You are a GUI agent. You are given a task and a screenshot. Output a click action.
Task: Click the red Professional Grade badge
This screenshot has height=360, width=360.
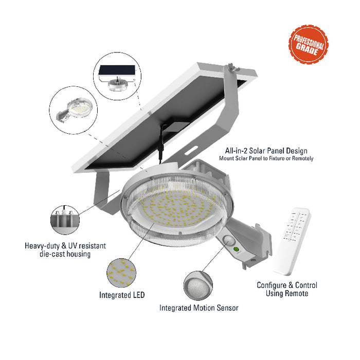[308, 44]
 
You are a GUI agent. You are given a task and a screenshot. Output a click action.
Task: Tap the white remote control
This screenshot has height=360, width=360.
[292, 241]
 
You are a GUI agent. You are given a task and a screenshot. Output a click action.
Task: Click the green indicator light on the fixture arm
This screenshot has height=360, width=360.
[236, 249]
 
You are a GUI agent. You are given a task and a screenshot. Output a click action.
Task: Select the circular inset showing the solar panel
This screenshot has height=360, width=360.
[117, 76]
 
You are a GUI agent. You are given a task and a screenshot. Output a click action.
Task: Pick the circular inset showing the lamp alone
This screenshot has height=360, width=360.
[73, 110]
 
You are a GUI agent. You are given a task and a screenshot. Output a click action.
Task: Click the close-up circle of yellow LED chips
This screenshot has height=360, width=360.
[121, 273]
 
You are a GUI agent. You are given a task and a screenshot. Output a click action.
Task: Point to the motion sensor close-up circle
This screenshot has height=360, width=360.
[198, 285]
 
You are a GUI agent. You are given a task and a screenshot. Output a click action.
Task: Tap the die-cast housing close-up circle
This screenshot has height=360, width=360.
[65, 220]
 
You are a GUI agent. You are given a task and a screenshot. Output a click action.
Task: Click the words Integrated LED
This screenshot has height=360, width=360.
[122, 295]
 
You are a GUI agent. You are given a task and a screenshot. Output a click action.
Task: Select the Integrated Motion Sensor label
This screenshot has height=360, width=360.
[199, 308]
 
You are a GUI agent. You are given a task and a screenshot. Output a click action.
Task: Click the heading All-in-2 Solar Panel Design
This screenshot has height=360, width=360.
[266, 151]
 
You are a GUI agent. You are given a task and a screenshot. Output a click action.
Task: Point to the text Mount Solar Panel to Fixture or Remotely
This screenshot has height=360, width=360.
[266, 158]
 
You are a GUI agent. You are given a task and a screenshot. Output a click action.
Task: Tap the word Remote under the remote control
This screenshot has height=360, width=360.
[297, 294]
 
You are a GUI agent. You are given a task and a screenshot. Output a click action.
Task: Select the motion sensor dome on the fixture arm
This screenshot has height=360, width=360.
[229, 240]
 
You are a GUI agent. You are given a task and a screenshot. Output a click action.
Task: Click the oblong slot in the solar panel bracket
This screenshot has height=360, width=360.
[191, 150]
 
